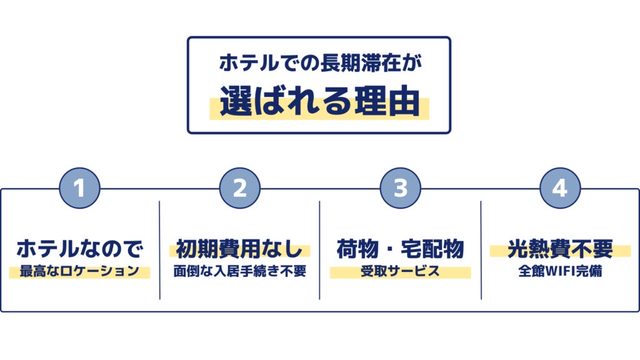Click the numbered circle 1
[x=79, y=188]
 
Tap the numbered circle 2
[x=240, y=188]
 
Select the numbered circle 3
[x=401, y=188]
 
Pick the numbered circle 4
[x=561, y=188]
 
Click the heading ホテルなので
[x=79, y=249]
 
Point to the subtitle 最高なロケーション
[x=79, y=272]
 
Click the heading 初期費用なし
[x=240, y=249]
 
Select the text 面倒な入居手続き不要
[x=240, y=272]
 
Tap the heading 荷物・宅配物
[x=401, y=249]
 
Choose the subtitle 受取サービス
[x=401, y=272]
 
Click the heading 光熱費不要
[x=561, y=249]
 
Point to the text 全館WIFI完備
[x=561, y=272]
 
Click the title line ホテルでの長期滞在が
[x=319, y=64]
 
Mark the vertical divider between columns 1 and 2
[x=159, y=250]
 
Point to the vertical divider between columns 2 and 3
[x=319, y=250]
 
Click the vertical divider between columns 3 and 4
[x=481, y=250]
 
